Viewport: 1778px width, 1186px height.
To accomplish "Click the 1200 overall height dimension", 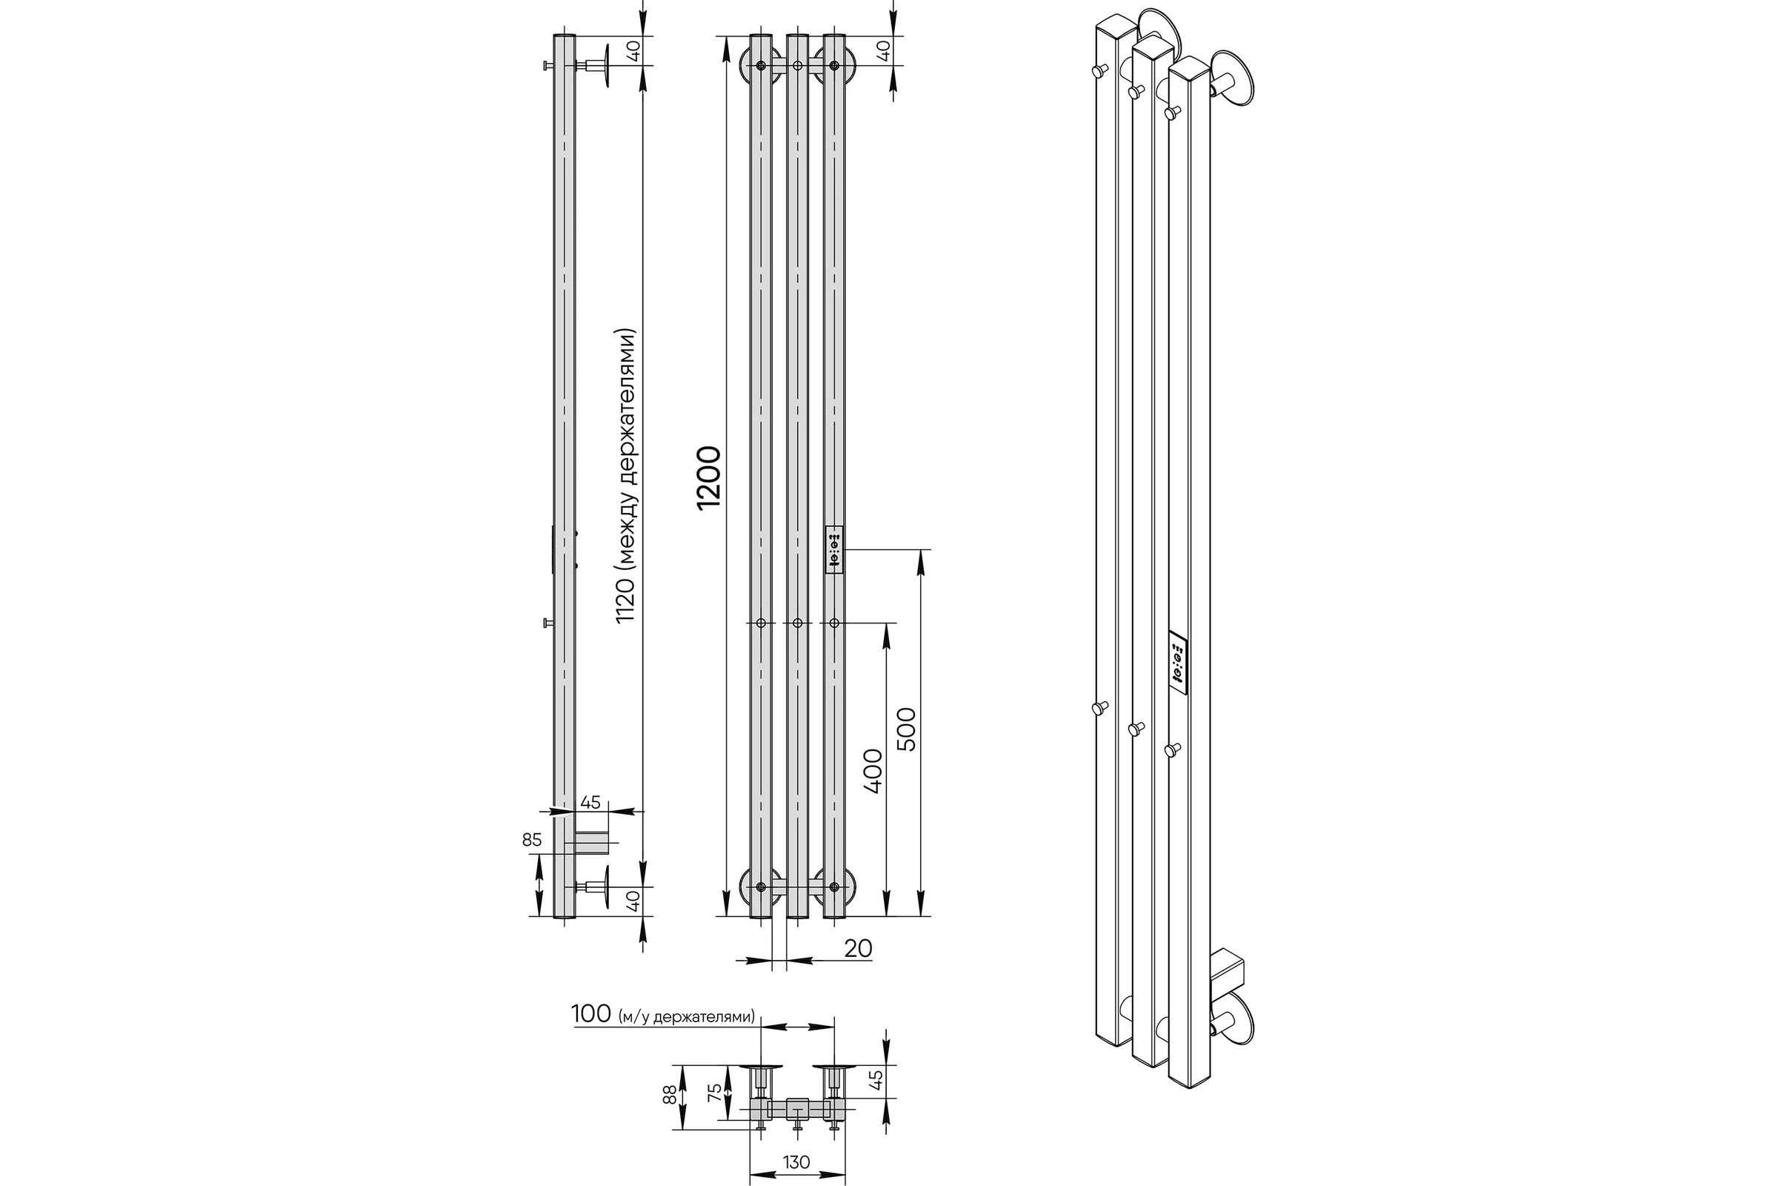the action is [x=710, y=478].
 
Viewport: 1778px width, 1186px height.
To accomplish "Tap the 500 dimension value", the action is [x=905, y=729].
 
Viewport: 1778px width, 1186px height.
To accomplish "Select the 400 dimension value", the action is [x=873, y=771].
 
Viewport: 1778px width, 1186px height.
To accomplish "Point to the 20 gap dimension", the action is [x=858, y=948].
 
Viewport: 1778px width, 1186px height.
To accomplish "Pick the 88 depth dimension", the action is [x=670, y=1096].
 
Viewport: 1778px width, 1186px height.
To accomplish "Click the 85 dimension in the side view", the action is [x=532, y=840].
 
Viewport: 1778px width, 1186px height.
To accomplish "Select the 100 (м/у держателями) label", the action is [x=663, y=1013].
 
